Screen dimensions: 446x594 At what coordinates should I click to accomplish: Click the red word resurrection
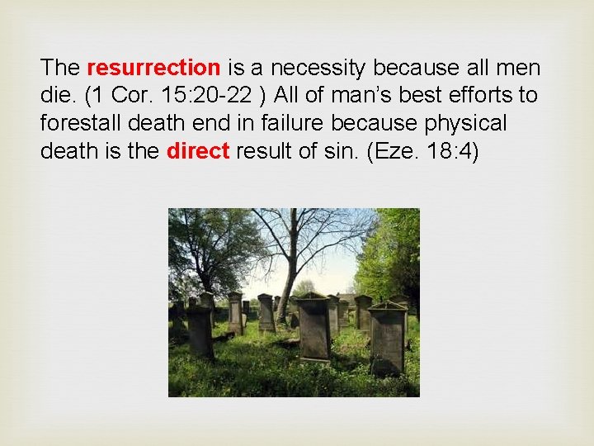click(153, 67)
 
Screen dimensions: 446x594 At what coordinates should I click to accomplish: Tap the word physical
click(462, 123)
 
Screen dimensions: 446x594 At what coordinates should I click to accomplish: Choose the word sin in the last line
click(339, 151)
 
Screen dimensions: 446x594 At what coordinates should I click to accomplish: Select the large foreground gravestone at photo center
click(314, 330)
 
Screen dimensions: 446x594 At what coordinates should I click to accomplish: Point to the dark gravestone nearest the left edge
click(200, 330)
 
